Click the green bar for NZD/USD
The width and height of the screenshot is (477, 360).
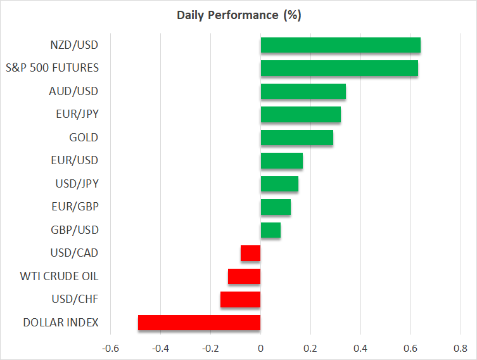point(340,45)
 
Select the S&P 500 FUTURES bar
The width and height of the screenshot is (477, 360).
point(339,68)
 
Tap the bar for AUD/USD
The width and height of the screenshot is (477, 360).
point(303,91)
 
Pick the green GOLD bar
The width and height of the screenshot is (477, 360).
point(296,138)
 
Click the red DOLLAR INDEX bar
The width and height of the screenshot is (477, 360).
point(199,323)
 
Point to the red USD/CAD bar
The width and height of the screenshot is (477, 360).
point(250,253)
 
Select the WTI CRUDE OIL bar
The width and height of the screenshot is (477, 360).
point(244,276)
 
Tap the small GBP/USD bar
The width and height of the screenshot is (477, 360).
point(270,230)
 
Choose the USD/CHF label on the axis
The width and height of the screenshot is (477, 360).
point(76,299)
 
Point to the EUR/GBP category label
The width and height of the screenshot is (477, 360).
point(76,207)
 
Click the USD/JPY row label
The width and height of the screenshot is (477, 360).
point(77,184)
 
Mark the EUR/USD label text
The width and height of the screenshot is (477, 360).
point(76,160)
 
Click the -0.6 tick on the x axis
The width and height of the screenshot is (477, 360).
point(110,348)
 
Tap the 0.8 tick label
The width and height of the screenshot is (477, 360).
point(460,348)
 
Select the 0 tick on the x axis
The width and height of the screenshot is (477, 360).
point(260,348)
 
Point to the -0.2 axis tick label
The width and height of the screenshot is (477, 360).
point(210,348)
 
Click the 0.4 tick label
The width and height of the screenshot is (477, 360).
point(360,348)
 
